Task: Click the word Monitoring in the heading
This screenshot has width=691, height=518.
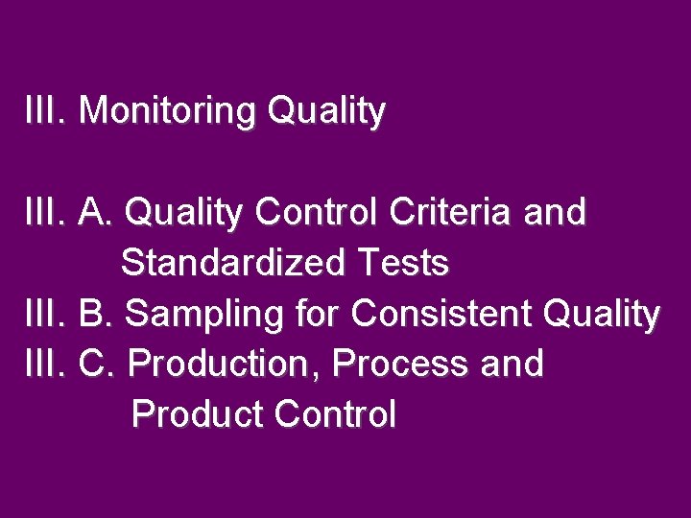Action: [168, 111]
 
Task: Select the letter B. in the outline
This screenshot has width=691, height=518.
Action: [97, 313]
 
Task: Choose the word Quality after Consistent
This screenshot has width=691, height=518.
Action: [601, 315]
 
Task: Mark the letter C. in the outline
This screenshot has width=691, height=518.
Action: [98, 364]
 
